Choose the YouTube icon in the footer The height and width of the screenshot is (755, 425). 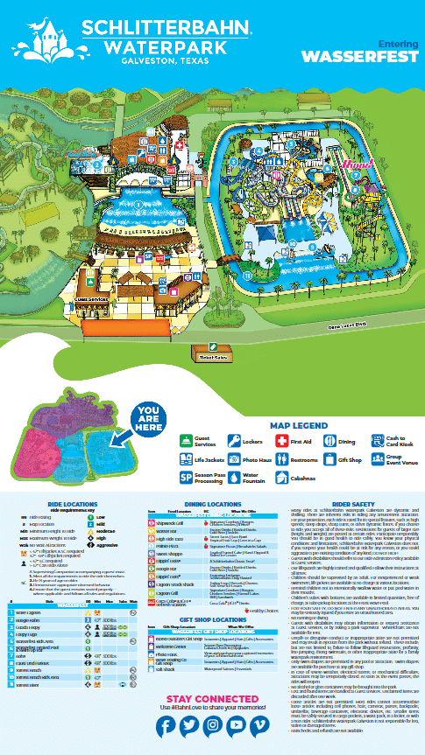tap(236, 725)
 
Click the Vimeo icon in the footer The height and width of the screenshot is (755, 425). tap(259, 725)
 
